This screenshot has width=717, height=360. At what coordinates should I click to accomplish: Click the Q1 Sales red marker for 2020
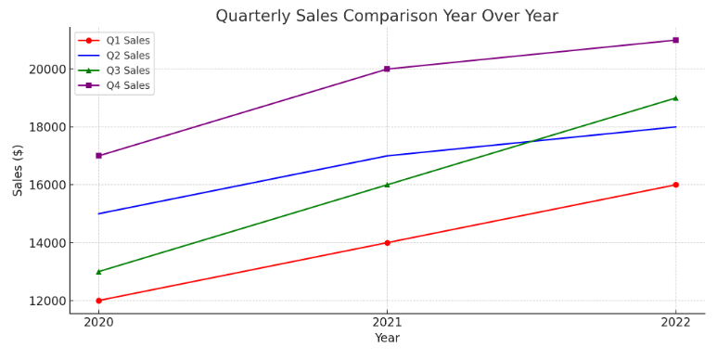(98, 301)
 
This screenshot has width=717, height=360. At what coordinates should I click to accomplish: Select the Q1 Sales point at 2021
(387, 243)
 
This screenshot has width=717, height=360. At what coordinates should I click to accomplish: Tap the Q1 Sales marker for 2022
(675, 185)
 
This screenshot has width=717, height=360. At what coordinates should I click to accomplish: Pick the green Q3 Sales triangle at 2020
(98, 272)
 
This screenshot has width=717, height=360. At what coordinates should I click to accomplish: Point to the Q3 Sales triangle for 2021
(387, 185)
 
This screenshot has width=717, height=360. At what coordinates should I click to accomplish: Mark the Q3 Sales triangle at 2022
(675, 97)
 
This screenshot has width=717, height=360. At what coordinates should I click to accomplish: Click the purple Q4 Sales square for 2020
(98, 156)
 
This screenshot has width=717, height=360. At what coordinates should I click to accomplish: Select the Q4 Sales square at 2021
(387, 69)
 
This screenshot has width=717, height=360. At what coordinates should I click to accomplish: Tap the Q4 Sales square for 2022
(675, 40)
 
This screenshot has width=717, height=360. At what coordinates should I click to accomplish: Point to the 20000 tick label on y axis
(46, 69)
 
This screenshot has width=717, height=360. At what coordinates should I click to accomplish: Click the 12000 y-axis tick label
(46, 301)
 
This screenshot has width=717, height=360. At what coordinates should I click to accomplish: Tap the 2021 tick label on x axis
(387, 321)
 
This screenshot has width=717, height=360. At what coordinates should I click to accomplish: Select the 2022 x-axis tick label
(675, 321)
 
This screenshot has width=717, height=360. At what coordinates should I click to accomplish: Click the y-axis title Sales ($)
(19, 170)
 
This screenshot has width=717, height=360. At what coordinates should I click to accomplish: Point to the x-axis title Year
(387, 339)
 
